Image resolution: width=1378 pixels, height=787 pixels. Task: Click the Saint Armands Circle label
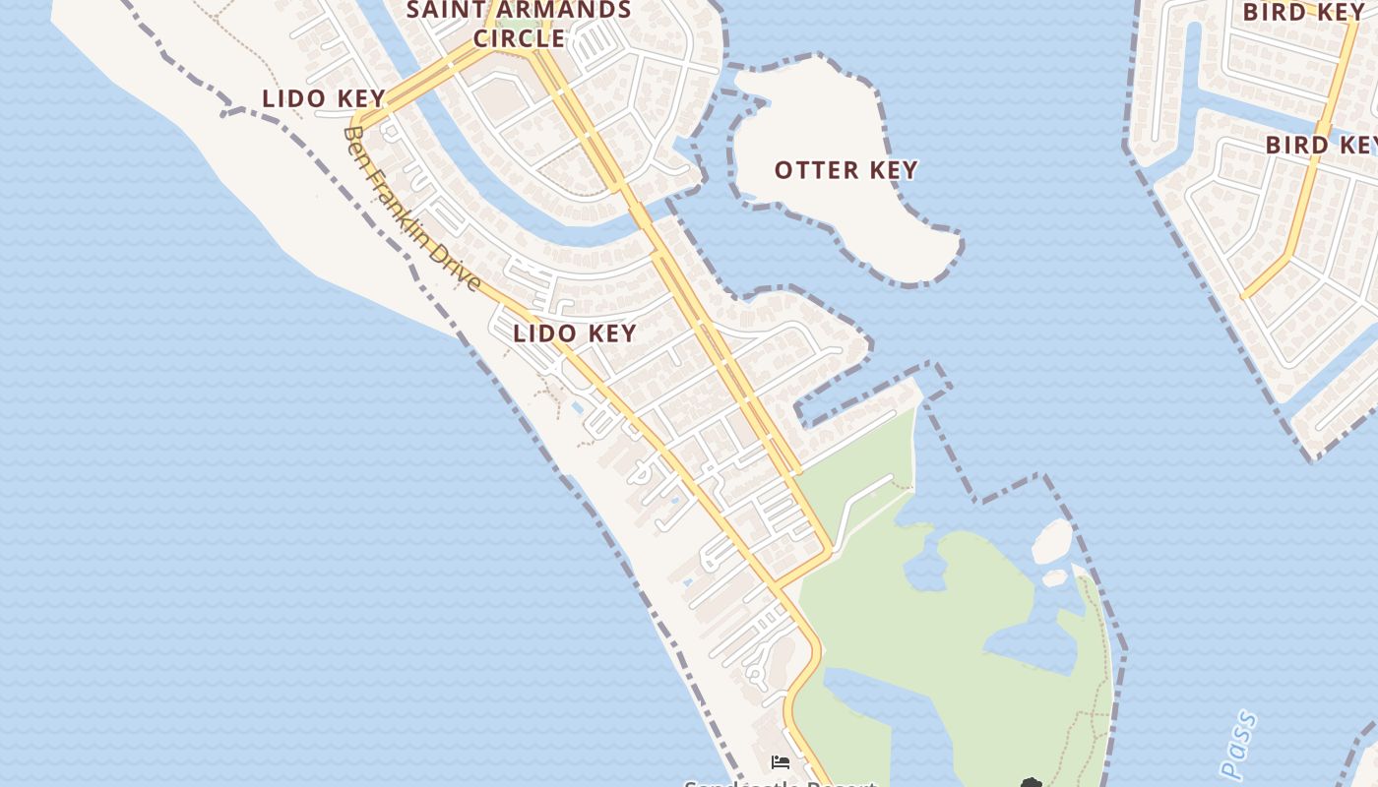(519, 24)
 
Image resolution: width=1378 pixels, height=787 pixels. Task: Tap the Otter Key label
(846, 170)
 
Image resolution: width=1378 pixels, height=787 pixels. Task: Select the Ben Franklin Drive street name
(413, 209)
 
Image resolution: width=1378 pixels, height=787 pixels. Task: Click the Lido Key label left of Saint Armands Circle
(323, 98)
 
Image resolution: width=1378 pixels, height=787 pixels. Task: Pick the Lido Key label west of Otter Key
(575, 333)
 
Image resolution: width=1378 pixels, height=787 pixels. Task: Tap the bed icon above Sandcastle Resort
(781, 761)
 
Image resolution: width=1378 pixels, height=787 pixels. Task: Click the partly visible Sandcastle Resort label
(780, 783)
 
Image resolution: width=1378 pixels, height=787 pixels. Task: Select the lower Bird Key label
(1320, 145)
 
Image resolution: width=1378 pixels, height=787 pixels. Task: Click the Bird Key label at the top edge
(1304, 13)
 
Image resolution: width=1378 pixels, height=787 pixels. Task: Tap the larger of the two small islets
(1052, 541)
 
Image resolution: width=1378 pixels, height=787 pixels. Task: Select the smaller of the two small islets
(1054, 577)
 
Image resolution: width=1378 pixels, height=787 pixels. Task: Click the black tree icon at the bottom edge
(1031, 782)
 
